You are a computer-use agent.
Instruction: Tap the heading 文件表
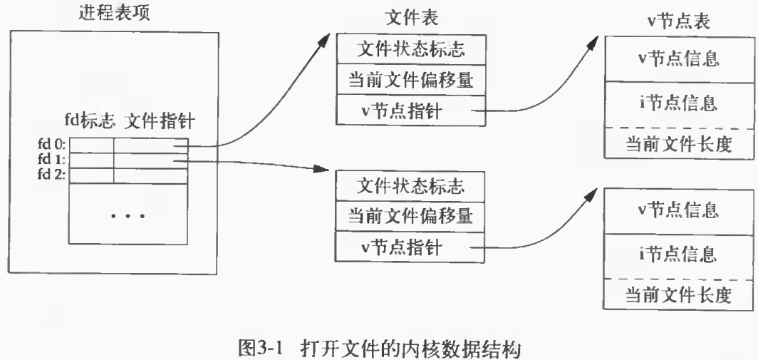(x=410, y=16)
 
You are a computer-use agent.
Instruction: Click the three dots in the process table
(x=128, y=215)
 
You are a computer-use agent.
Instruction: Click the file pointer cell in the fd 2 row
(x=150, y=175)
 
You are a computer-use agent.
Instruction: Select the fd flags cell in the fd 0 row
(x=90, y=145)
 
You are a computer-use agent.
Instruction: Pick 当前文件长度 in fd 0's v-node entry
(x=678, y=145)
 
